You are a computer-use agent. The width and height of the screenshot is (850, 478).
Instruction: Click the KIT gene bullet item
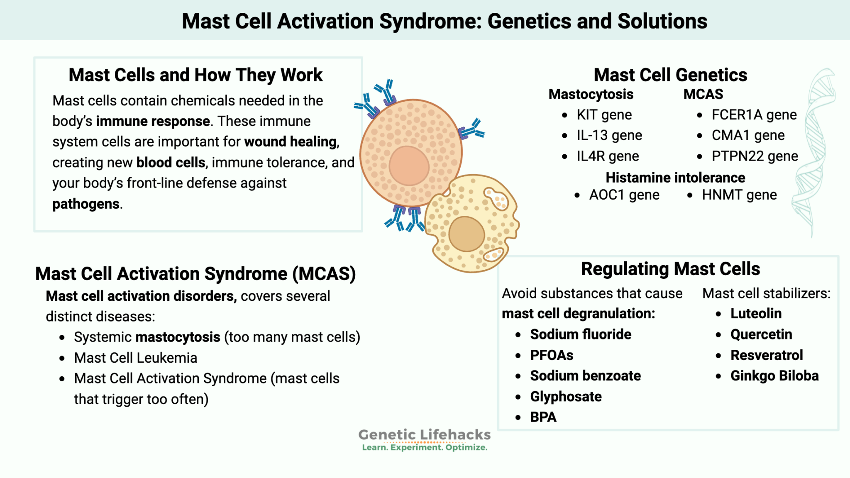tap(604, 115)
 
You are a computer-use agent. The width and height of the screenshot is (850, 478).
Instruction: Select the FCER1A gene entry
tap(754, 115)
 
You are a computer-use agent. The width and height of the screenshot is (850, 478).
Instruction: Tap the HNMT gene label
tap(739, 195)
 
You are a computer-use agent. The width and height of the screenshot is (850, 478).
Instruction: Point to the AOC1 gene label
tap(624, 195)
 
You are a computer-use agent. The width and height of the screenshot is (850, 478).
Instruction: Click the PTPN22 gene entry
tap(755, 156)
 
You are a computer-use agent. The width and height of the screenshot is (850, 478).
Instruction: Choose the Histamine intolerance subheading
tap(675, 178)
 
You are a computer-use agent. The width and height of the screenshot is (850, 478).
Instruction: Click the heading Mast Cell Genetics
tap(670, 75)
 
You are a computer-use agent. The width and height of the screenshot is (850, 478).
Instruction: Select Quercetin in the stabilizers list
tap(761, 334)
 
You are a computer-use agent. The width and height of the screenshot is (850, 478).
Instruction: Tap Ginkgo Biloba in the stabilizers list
tap(774, 376)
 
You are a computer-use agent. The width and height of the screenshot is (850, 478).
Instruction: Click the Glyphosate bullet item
tap(566, 397)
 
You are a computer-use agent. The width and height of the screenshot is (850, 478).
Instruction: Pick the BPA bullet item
tap(543, 417)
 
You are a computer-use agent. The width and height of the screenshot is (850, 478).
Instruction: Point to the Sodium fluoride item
tap(580, 334)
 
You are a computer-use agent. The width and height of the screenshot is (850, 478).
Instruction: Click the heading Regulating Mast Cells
tap(670, 269)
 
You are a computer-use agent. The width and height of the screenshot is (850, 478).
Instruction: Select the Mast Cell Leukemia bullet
tap(135, 358)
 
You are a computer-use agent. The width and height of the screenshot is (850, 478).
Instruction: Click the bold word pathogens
tap(86, 204)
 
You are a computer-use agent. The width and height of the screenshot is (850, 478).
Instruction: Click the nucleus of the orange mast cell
tap(409, 166)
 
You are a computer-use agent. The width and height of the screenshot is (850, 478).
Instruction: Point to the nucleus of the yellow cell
tap(467, 234)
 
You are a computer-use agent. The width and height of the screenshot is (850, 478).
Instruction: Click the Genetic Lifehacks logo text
tap(424, 435)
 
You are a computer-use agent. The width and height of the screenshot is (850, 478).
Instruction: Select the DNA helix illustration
tap(813, 154)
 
